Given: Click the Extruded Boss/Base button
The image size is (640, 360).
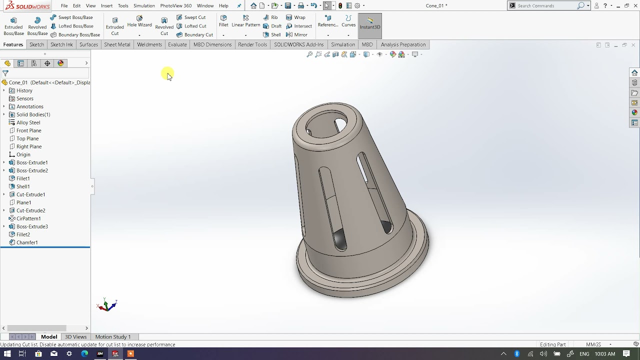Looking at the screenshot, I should [x=13, y=25].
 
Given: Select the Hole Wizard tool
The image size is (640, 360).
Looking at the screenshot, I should [x=139, y=21].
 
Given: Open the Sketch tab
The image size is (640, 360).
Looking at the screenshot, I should [x=36, y=44].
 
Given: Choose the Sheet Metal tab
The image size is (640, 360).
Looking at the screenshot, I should [x=117, y=44].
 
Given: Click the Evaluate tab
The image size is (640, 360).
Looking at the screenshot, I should [x=177, y=44].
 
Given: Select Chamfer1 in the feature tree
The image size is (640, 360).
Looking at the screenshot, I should [x=27, y=242].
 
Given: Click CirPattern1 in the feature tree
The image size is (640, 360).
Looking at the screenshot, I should [x=28, y=218].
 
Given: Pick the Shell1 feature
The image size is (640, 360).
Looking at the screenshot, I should [x=23, y=186].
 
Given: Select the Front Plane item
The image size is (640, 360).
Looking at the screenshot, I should [x=29, y=130].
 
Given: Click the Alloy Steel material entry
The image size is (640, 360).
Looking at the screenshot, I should [x=28, y=122].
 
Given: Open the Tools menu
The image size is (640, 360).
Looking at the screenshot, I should [x=123, y=6].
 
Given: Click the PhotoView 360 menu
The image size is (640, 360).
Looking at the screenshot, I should [x=176, y=6].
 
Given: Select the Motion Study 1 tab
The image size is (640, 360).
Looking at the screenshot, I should [x=112, y=337].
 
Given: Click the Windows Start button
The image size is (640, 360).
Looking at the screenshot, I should [x=7, y=354].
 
